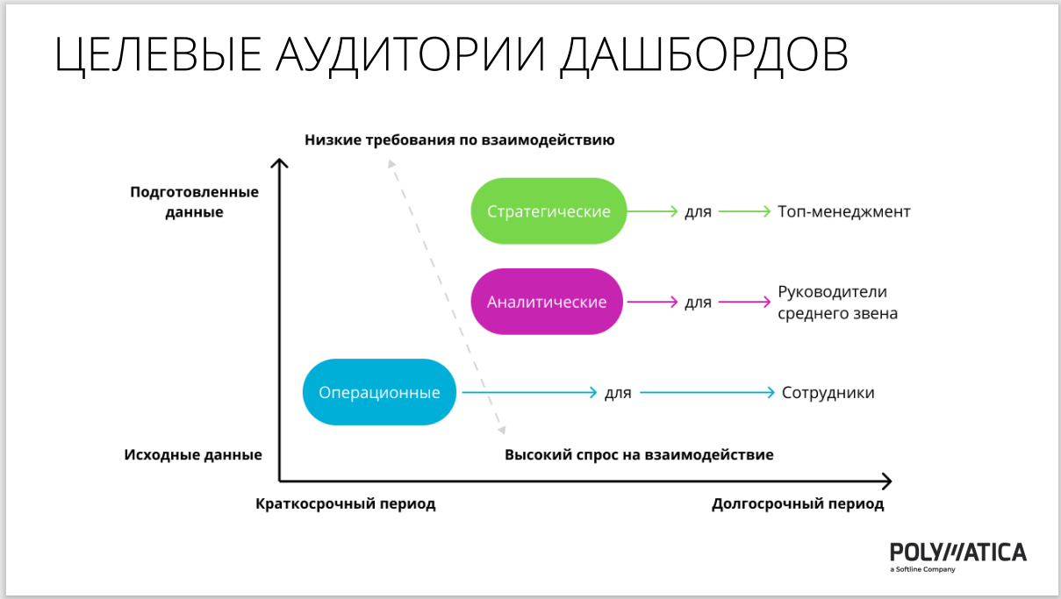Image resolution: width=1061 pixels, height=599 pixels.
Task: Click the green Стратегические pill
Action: pos(548,211)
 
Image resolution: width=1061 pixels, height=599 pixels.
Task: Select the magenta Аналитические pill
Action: pos(547,302)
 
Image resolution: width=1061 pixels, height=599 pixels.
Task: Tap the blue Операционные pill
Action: pos(379,392)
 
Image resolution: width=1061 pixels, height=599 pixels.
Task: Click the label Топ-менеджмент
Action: pos(843,211)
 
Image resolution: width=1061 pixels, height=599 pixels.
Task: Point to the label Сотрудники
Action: pos(828,393)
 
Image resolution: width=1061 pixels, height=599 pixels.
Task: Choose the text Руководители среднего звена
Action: pos(837,302)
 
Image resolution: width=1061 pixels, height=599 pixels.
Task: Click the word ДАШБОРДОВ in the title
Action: pos(704,55)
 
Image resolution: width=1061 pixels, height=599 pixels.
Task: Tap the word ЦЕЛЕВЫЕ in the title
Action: pos(158,55)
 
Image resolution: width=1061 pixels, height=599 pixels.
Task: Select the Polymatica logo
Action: pos(958,557)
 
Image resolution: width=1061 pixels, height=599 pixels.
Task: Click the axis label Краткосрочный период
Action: pos(345,503)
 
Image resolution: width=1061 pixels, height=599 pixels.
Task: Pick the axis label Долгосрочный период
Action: pos(798,504)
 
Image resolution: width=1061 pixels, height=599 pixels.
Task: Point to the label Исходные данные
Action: pos(193,454)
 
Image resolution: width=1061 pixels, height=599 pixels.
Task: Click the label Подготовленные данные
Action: pos(194,202)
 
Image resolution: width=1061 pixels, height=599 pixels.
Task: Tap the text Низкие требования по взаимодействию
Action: pos(460,139)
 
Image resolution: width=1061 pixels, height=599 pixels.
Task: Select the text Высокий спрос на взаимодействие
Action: pos(639,454)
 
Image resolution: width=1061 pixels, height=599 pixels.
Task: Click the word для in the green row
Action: pos(699,212)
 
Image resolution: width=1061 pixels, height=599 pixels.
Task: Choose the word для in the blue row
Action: pos(618,393)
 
